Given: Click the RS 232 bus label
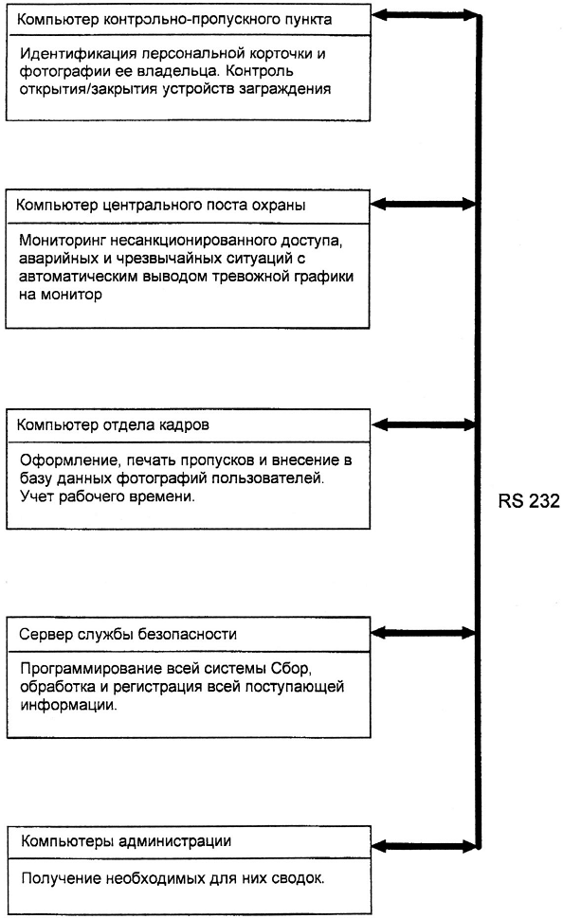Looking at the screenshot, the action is coord(529,500).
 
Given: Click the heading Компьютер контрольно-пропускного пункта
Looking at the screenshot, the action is coord(174,19).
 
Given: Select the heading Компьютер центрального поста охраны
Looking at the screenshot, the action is coord(161,206).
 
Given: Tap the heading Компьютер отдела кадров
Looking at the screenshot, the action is coord(113,425).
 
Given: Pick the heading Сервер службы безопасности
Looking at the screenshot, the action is coord(128,634).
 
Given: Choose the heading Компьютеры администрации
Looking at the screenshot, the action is coord(126,841).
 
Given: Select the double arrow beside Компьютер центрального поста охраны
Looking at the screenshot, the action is coord(423,204).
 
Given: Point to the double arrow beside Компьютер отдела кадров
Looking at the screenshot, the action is coord(424,425).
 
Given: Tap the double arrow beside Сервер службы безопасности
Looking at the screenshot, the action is coord(424,632).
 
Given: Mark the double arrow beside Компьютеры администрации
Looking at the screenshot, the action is coord(424,846).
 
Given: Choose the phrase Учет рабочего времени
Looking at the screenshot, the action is coord(107,496).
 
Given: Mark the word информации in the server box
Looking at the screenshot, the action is coord(68,705).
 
